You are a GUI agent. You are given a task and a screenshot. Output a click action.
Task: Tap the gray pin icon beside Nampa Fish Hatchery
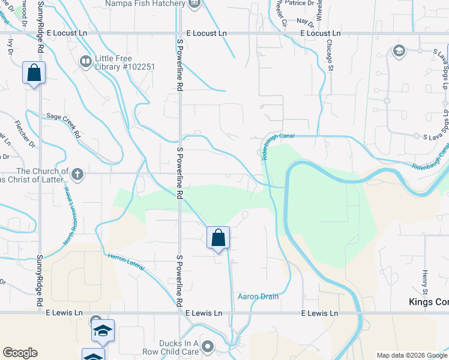tap(194, 4)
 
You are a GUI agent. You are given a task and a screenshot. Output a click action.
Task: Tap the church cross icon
tap(76, 175)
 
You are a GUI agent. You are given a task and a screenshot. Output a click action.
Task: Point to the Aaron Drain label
tap(258, 296)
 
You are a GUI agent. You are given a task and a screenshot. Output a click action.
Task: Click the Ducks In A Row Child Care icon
tap(208, 346)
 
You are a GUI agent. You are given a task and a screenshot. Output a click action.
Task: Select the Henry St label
tap(424, 282)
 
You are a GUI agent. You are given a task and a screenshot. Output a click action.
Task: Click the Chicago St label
tap(330, 56)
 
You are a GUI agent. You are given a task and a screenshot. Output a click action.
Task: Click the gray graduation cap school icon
tap(398, 51)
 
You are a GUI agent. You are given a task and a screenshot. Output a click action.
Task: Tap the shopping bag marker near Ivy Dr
tap(34, 73)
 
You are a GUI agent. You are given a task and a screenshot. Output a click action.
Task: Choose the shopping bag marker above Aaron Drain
tap(218, 238)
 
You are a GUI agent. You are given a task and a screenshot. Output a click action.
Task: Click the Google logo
tap(20, 353)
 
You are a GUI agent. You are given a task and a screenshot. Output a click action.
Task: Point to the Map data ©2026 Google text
tap(411, 355)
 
